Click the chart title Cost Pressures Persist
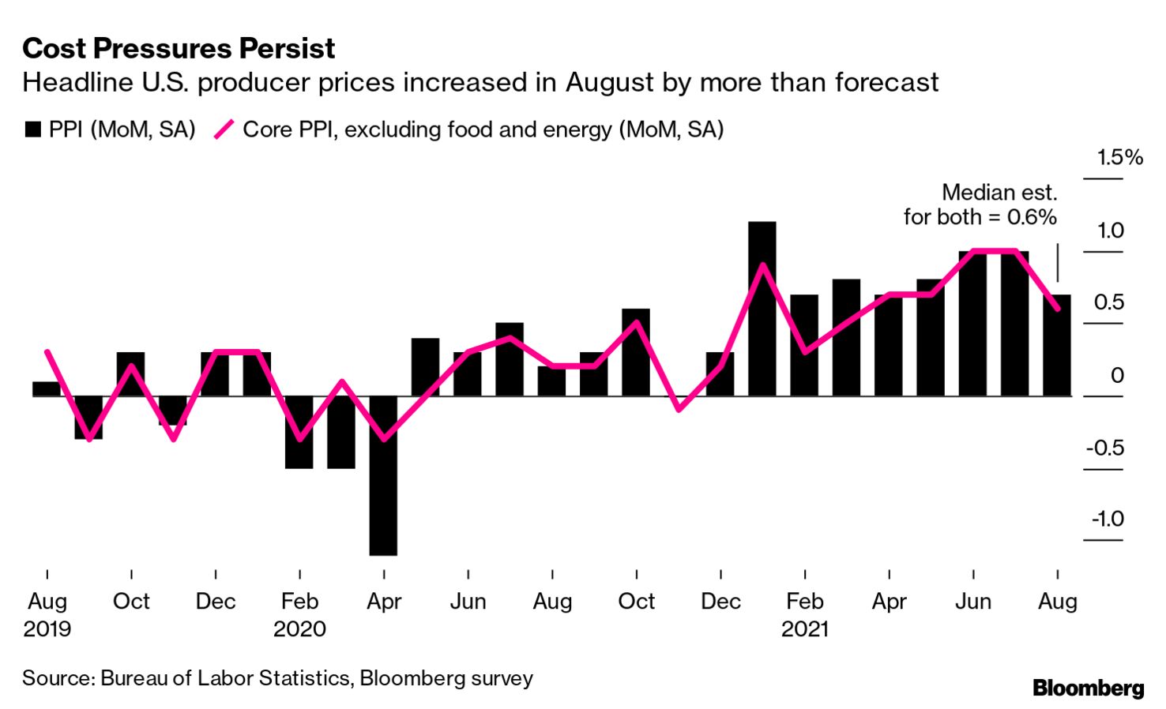click(x=179, y=49)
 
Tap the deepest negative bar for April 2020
click(x=383, y=475)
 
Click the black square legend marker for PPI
click(x=32, y=130)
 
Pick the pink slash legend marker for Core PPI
click(x=224, y=129)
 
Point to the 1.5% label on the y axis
click(x=1119, y=157)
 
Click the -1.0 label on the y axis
click(x=1108, y=519)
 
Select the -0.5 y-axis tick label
click(x=1105, y=448)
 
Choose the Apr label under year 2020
click(x=384, y=602)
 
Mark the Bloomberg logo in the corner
click(x=1088, y=688)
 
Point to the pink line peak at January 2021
click(x=762, y=265)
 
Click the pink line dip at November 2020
click(x=679, y=409)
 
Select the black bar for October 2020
click(x=636, y=352)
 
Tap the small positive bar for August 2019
click(x=47, y=388)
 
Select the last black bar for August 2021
click(x=1057, y=345)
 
